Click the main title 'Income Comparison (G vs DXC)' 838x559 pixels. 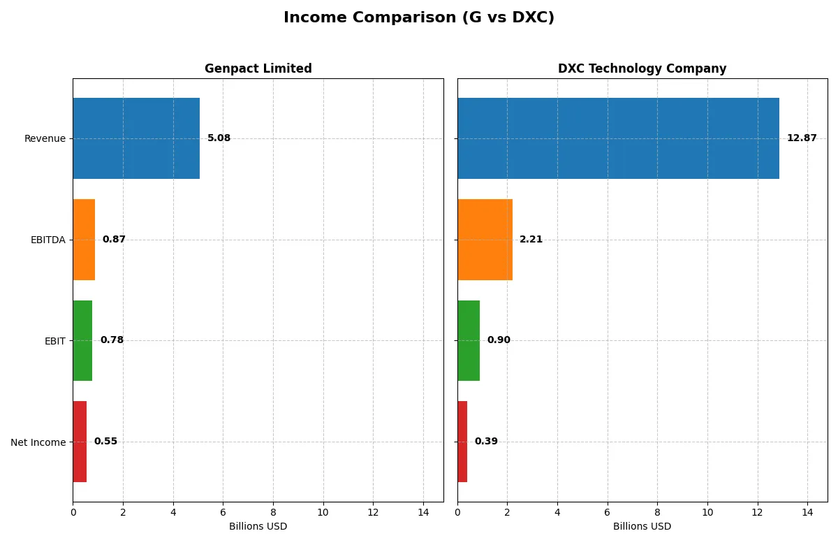419,18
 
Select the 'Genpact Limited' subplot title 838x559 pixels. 258,68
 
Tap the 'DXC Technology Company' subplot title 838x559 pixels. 642,68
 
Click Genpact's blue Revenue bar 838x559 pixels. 136,138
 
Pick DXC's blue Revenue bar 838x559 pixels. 618,138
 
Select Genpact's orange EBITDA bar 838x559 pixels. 84,240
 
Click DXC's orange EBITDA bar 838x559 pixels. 485,240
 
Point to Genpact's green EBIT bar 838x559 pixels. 82,340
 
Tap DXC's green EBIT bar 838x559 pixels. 469,340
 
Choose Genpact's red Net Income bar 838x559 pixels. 80,442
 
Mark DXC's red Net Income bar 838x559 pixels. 462,442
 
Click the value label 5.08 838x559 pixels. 219,138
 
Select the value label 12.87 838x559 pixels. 801,138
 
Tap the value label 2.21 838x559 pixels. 531,240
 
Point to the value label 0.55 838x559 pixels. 105,442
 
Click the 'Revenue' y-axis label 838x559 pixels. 45,138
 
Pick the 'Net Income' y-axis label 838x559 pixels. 38,442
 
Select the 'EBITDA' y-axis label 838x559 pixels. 47,240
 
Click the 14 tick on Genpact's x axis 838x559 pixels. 422,512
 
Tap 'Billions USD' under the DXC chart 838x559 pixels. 642,526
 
